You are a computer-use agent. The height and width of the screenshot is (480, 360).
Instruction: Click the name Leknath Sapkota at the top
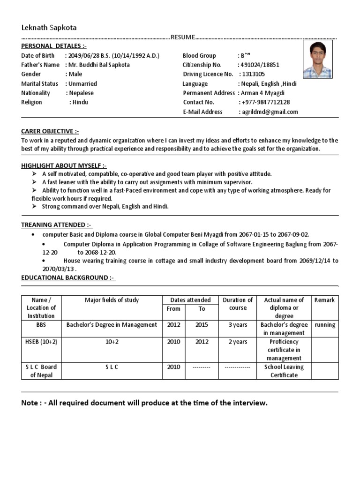click(49, 28)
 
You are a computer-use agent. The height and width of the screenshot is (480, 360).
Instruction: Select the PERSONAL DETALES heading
click(54, 45)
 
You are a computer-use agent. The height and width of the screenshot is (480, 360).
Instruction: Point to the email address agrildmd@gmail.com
click(270, 112)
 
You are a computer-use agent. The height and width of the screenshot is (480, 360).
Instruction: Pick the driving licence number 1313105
click(254, 74)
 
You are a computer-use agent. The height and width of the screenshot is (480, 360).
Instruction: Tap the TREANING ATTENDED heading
click(57, 225)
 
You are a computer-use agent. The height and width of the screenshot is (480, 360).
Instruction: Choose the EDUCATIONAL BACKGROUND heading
click(68, 277)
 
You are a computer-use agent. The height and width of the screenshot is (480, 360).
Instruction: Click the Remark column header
click(324, 300)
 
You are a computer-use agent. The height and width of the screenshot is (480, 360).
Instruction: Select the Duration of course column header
click(238, 304)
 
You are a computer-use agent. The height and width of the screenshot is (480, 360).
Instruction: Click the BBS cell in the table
click(41, 325)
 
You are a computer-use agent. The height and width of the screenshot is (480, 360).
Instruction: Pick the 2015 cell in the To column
click(202, 325)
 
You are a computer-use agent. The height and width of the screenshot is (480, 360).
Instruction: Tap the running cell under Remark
click(325, 325)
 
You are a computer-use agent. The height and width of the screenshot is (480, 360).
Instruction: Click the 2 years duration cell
click(238, 342)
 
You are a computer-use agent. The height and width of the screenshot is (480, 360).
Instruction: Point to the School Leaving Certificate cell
click(284, 371)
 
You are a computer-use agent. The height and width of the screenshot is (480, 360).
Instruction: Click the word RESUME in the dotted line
click(182, 37)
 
